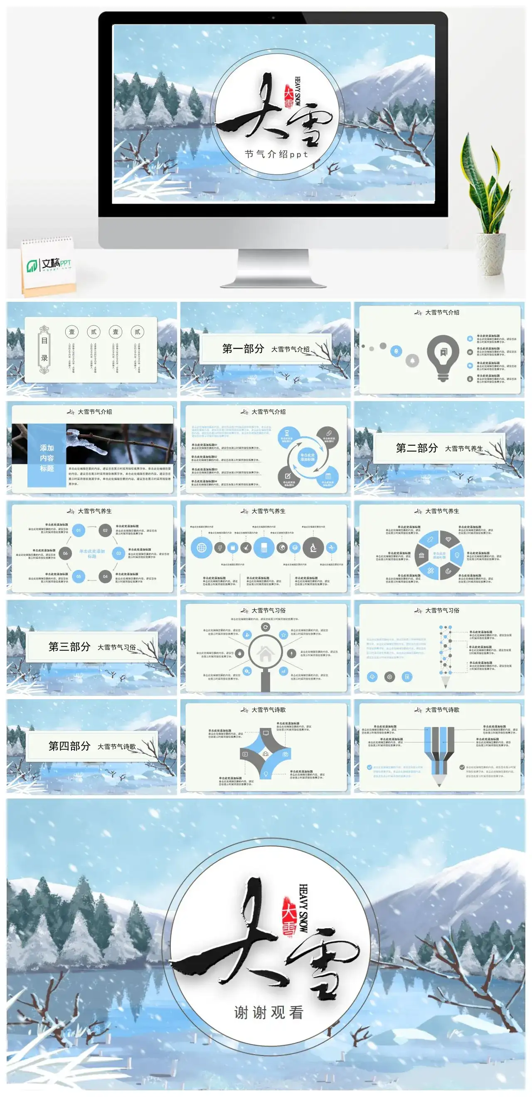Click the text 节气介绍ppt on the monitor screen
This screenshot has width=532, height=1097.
pos(276,154)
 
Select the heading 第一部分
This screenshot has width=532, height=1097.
pos(243,349)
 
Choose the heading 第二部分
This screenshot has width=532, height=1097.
pos(416,448)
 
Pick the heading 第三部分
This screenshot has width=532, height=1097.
pos(69,646)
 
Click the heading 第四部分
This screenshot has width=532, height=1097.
pos(69,746)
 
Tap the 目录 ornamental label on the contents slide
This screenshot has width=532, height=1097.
pos(44,349)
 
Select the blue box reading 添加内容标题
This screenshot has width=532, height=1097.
pos(47,458)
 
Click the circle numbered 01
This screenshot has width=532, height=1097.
pos(79,530)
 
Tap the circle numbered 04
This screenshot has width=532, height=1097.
pos(105,576)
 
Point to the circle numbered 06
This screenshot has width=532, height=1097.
pos(65,553)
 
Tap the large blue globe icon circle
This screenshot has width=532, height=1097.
pos(202,547)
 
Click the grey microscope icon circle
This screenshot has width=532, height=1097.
pos(313,547)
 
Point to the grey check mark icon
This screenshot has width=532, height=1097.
pos(462,767)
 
